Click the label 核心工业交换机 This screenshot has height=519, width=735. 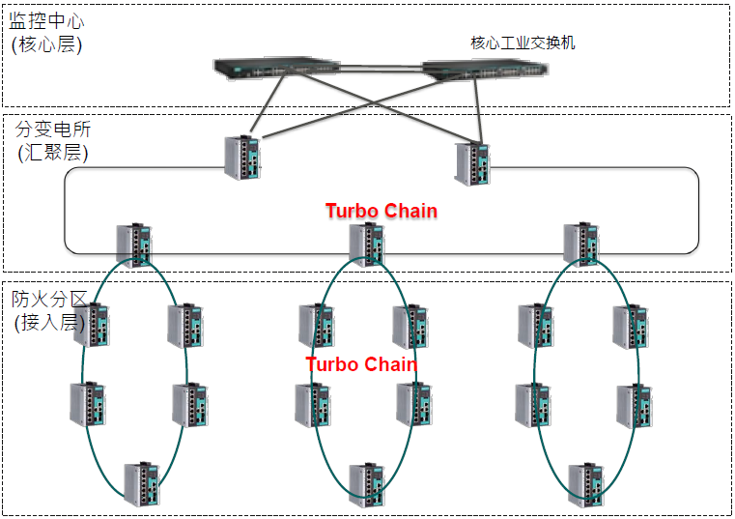click(523, 43)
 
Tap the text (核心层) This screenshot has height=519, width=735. click(45, 43)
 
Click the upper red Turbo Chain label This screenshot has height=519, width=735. click(381, 211)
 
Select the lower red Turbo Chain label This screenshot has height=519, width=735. click(361, 364)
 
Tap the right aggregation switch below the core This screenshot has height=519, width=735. click(472, 163)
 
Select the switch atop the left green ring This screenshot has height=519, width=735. click(134, 245)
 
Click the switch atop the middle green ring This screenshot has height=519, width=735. click(368, 245)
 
